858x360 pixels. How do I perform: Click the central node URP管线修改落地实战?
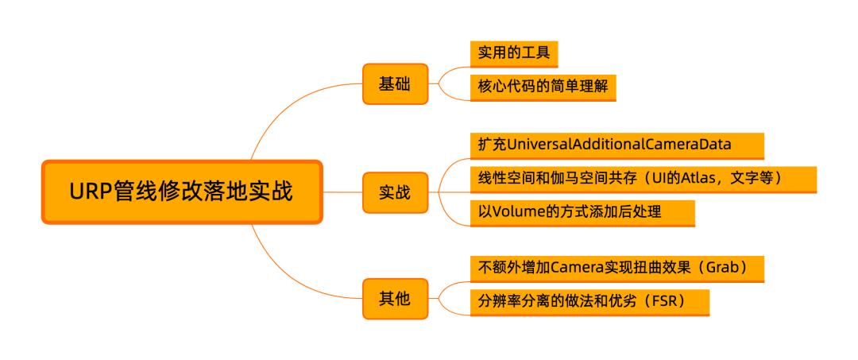tap(182, 192)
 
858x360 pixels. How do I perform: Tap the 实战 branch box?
tap(395, 192)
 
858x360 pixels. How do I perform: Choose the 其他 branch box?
tap(395, 299)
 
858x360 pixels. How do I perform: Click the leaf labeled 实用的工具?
tap(513, 54)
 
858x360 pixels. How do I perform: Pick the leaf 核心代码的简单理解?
tap(543, 87)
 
